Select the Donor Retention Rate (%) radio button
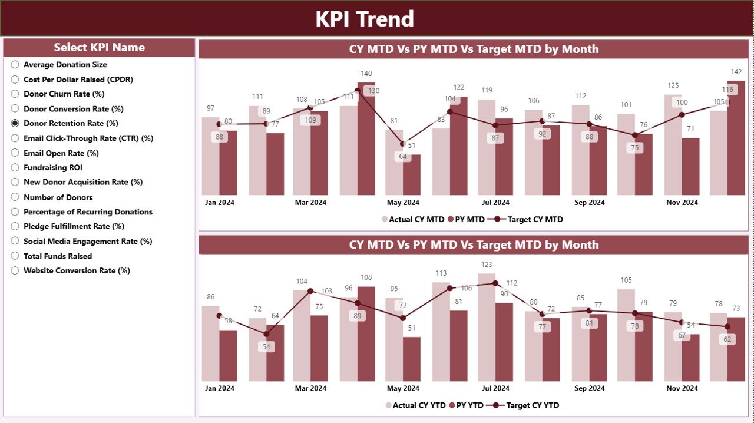(15, 124)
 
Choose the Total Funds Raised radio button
(15, 256)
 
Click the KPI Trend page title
(365, 19)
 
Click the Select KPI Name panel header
(99, 48)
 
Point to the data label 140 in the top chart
(366, 74)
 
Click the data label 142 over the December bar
(736, 72)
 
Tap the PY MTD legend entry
(466, 219)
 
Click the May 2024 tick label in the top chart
(403, 202)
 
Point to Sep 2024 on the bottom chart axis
(589, 388)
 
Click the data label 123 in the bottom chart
(487, 265)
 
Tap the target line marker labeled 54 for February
(266, 334)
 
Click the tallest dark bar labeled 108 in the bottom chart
(366, 333)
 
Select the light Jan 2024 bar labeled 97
(210, 156)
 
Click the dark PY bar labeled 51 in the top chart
(412, 175)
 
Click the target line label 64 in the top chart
(403, 157)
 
